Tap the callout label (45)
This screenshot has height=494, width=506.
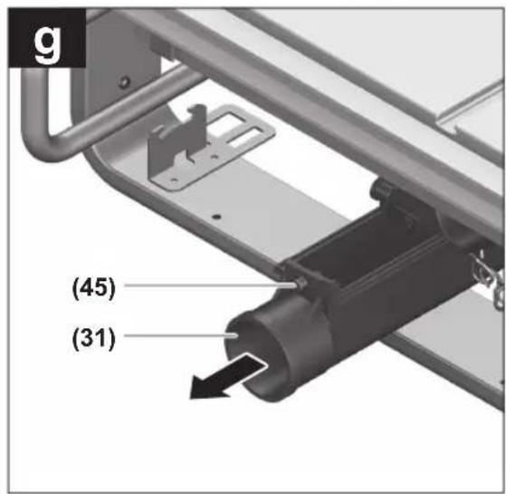pos(94,288)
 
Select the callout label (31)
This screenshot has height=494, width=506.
pos(94,338)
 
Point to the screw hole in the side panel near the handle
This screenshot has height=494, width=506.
pos(124,82)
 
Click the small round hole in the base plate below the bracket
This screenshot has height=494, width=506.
pos(217,216)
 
